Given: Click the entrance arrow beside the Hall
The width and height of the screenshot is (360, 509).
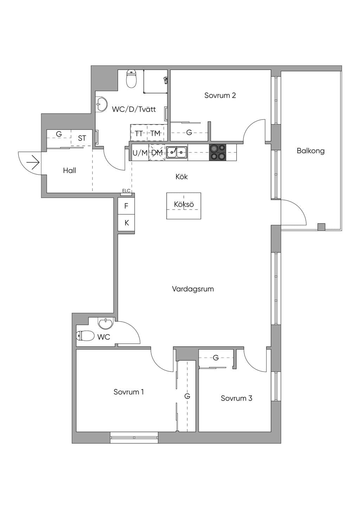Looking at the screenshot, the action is [x=33, y=162].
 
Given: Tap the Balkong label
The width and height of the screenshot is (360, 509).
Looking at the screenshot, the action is [x=310, y=151].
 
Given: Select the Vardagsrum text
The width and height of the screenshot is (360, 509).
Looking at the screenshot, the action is [x=193, y=289].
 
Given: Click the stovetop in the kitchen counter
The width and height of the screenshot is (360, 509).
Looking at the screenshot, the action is [x=218, y=152].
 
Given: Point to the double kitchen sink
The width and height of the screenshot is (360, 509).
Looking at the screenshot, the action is [x=176, y=152].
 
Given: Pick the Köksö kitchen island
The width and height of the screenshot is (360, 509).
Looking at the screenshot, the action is [x=184, y=206].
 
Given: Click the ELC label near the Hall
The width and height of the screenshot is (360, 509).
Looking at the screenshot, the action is [x=126, y=191].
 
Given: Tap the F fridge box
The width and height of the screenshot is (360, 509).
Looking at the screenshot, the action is [x=126, y=206].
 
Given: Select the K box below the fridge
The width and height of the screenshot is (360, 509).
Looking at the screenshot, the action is [x=126, y=223].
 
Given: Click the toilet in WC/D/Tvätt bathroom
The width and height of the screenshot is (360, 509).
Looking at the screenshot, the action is [x=131, y=79].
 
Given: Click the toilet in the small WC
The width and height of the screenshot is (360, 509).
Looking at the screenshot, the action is [x=85, y=336].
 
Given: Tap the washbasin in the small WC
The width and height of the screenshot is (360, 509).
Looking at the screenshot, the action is [x=105, y=323].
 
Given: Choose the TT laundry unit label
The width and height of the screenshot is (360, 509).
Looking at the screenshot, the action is [x=139, y=133].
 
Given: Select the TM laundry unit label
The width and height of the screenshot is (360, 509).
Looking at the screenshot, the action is [x=155, y=133].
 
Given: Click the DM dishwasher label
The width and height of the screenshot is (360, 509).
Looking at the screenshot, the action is [x=157, y=153].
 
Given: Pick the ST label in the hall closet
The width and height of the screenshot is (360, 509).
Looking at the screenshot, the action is [x=82, y=138].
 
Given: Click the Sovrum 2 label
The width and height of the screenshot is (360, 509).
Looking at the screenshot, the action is [x=220, y=96].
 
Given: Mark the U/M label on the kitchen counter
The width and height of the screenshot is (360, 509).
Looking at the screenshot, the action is [x=140, y=153].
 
